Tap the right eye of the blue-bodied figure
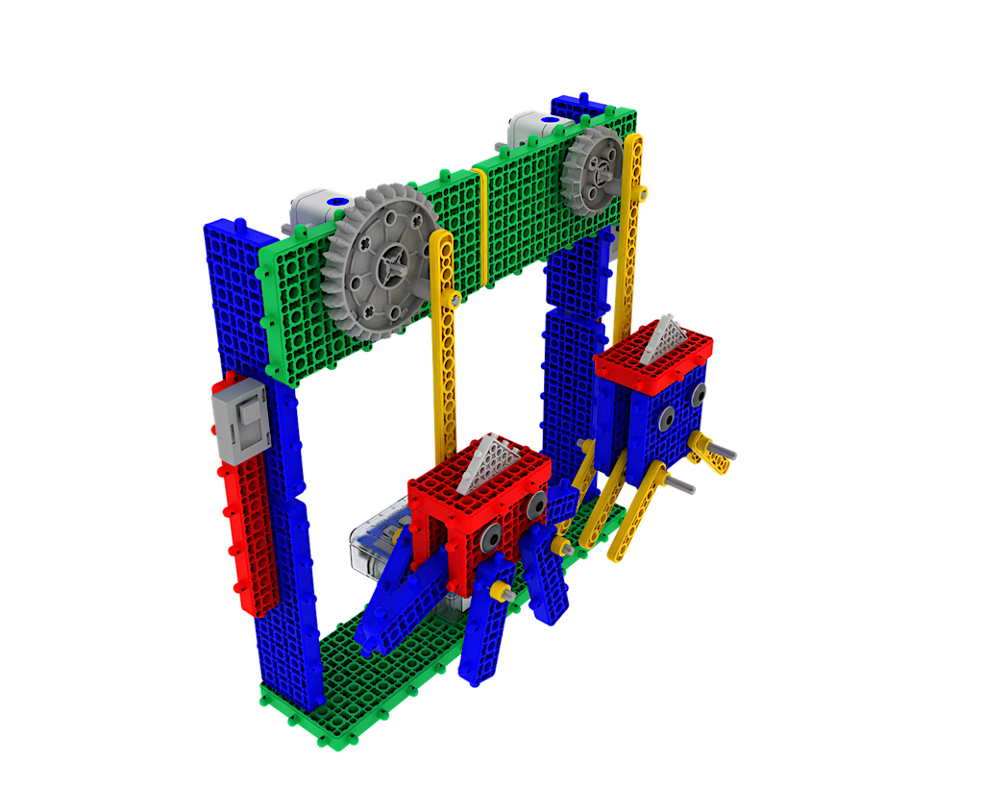click(699, 393)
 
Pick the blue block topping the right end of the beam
click(579, 105)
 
